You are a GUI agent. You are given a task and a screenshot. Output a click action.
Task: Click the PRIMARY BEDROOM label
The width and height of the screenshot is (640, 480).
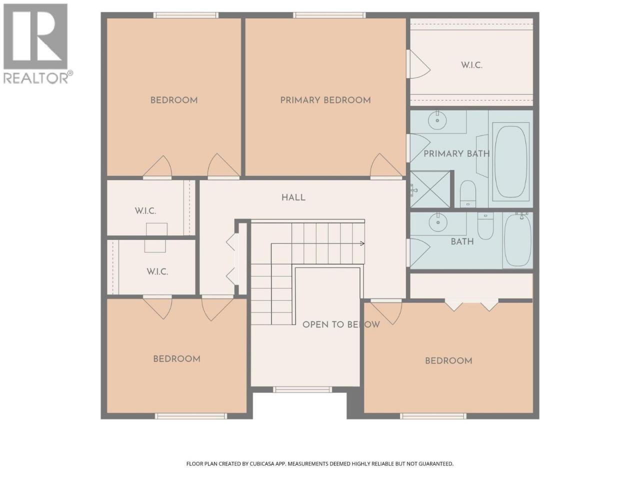[325, 100]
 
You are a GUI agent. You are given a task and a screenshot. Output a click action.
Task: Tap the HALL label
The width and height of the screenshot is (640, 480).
[293, 197]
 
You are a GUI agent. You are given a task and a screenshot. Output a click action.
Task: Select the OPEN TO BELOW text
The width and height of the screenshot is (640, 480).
[341, 324]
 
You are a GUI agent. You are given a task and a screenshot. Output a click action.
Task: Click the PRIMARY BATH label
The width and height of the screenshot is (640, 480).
[456, 153]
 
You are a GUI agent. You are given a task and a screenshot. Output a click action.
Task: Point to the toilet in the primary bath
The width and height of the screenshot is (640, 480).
[468, 193]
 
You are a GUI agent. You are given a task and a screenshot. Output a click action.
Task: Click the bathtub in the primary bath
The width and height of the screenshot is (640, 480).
[511, 161]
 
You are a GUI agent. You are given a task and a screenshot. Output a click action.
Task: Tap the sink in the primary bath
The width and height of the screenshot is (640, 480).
[437, 120]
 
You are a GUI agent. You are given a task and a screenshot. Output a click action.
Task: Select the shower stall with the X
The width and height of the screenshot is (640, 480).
[430, 189]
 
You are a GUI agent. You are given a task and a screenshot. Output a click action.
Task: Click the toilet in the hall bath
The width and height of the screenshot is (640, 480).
[485, 225]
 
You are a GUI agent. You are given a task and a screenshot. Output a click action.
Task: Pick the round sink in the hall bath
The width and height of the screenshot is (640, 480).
[438, 222]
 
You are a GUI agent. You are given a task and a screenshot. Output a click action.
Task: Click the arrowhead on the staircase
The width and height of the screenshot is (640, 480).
[362, 243]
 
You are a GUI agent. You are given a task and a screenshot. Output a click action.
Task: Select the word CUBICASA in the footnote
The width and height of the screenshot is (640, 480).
[262, 463]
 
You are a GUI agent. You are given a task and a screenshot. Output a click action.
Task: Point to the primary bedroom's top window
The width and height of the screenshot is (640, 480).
[329, 15]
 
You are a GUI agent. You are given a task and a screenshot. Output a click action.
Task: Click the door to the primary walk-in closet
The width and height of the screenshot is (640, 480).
[418, 64]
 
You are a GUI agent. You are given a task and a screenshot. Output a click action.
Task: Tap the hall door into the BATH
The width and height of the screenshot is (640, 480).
[418, 253]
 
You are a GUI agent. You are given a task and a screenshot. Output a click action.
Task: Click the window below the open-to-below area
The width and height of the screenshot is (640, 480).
[302, 389]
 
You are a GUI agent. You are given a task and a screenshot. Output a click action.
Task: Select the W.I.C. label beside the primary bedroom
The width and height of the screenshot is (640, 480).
[471, 65]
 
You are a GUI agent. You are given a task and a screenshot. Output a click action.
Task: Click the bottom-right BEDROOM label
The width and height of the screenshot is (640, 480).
[448, 361]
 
